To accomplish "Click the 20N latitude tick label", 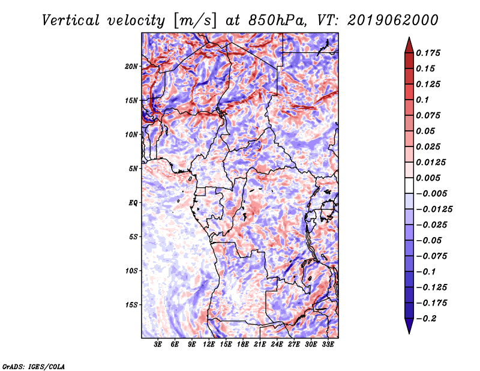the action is point(131,67).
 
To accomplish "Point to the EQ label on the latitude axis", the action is point(133,203).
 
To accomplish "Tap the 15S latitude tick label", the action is point(131,305).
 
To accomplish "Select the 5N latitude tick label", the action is point(133,169).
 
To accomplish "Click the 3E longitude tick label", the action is point(158,345).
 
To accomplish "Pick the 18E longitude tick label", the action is point(243,345).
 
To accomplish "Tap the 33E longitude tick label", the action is point(328,345).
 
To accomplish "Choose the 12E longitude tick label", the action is point(209,345).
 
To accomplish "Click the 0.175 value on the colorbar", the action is point(428,53).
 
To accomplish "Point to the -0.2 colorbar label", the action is point(426,319).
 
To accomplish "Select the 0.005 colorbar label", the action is point(428,178).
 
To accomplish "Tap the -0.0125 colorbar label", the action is point(434,210).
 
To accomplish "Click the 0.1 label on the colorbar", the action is point(422,100).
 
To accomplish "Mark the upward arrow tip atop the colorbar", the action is point(409,37).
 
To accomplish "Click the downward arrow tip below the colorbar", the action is point(409,334).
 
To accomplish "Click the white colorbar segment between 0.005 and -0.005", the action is point(409,185).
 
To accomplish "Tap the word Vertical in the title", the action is point(71,20).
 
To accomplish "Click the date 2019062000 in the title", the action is point(393,20).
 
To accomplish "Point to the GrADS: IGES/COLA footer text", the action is point(34,366).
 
